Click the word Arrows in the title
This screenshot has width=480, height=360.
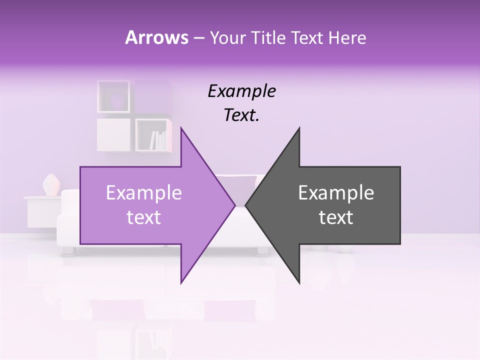click(x=156, y=37)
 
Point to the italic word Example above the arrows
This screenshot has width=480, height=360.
click(x=241, y=91)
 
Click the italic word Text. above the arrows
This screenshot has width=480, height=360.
click(x=241, y=115)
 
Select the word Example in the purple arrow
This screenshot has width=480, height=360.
click(x=144, y=193)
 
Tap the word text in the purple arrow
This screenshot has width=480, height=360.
click(x=144, y=217)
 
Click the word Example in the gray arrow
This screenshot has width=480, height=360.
click(x=336, y=193)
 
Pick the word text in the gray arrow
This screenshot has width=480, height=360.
click(x=336, y=217)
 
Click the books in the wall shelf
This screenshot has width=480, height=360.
click(x=158, y=140)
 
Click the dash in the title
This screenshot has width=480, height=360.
click(x=198, y=38)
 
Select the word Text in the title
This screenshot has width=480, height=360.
click(x=307, y=38)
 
